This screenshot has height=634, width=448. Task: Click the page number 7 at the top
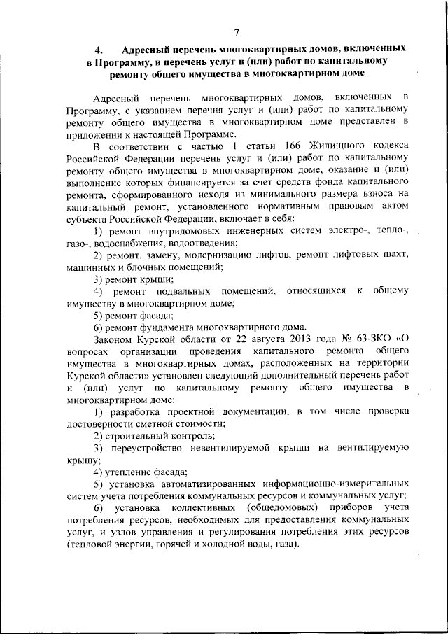pyautogui.click(x=237, y=32)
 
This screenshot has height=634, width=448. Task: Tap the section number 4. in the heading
pyautogui.click(x=99, y=51)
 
